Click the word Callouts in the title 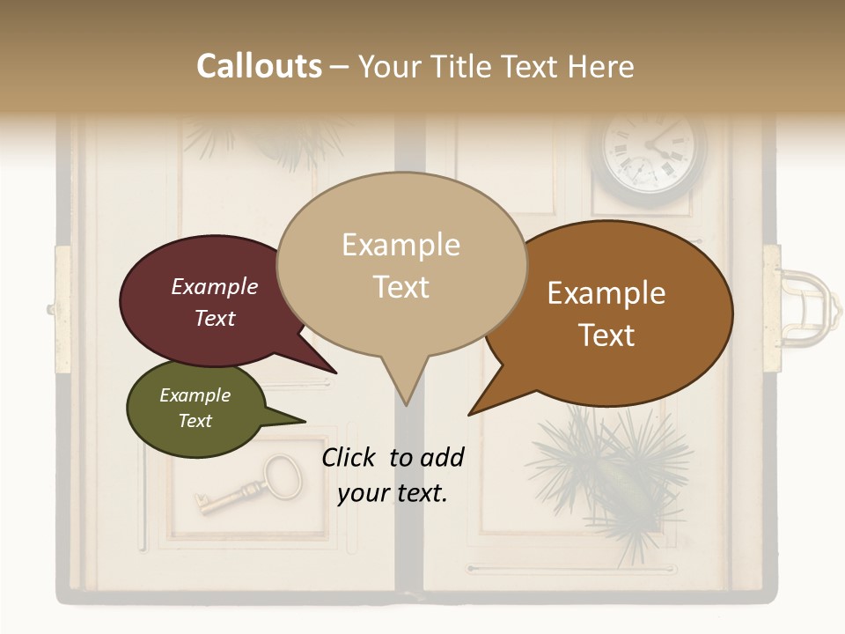coord(259,66)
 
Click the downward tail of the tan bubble coord(405,387)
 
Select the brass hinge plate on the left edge coord(62,308)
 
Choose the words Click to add coord(393,457)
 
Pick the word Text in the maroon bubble coord(215,318)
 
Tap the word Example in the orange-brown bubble coord(606,293)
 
